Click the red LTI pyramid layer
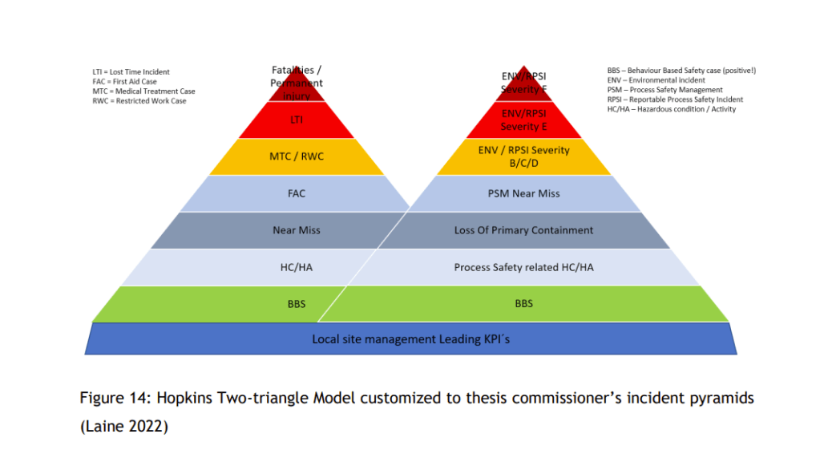click(x=297, y=120)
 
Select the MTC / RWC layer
click(x=297, y=156)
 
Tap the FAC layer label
click(x=297, y=193)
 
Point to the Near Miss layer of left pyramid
click(x=297, y=230)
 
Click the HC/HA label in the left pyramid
click(x=297, y=267)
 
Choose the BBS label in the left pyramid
click(x=297, y=304)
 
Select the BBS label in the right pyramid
click(x=523, y=304)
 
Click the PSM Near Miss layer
click(x=523, y=193)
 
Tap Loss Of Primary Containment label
click(x=523, y=230)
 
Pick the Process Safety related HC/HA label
click(x=523, y=267)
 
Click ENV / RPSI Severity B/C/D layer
click(x=523, y=156)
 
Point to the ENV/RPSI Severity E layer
click(x=523, y=120)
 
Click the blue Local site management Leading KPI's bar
click(x=410, y=339)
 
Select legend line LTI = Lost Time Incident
click(x=131, y=72)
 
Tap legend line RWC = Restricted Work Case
click(x=139, y=101)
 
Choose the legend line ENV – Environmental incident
click(x=656, y=80)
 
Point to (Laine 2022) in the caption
click(x=123, y=427)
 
